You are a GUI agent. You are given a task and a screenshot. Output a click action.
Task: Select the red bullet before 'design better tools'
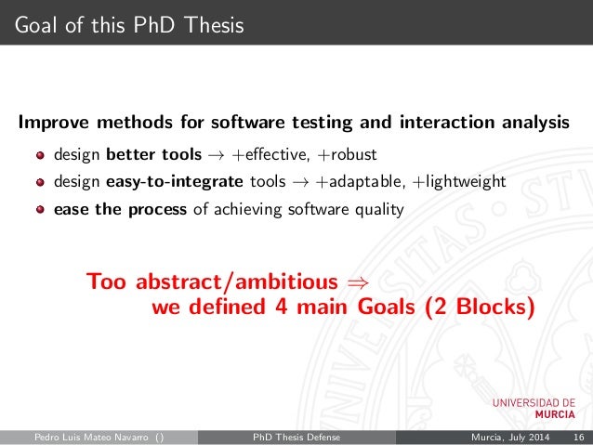[x=41, y=154]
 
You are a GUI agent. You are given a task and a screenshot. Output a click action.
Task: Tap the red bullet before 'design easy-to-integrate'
[x=41, y=182]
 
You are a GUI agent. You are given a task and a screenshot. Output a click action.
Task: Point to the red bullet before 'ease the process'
[x=41, y=210]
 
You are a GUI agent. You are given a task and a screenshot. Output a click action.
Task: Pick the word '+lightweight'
[x=459, y=181]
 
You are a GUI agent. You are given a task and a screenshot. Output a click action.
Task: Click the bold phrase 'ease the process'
[x=121, y=209]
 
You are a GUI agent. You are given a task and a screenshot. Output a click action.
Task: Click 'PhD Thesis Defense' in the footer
[x=296, y=437]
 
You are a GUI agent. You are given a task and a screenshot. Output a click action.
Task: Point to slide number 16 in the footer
[x=578, y=437]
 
